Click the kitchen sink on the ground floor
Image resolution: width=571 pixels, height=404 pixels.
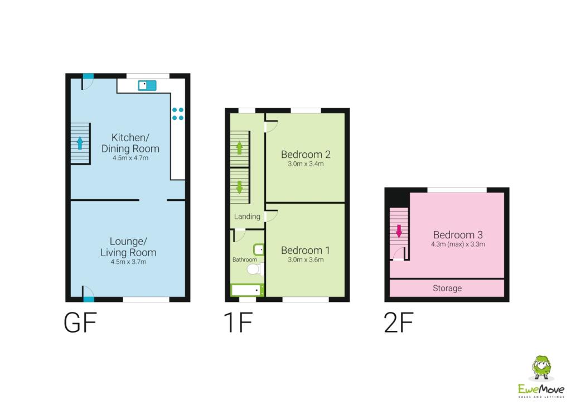coord(147,85)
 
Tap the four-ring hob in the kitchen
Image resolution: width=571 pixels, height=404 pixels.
coord(178,114)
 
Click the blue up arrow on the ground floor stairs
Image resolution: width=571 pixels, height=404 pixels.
coord(80,143)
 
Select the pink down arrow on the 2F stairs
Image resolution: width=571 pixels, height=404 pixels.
coord(399,231)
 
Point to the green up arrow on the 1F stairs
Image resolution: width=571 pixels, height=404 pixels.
coord(239,147)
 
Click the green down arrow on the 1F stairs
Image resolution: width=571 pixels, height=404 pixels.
coord(239,187)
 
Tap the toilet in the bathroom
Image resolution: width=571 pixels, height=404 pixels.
coord(255,270)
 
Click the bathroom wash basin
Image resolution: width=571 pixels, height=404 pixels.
coord(259,249)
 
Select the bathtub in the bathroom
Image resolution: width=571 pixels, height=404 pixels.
coord(247,290)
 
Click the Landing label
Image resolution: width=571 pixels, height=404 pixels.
coord(247,217)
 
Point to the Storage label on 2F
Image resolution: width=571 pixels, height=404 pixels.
coord(447,288)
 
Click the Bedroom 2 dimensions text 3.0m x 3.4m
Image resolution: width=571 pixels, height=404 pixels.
coord(306,164)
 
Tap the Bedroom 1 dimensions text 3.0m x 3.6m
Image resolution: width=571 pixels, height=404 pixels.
coord(306,259)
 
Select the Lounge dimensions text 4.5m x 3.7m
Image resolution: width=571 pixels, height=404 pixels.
coord(129,262)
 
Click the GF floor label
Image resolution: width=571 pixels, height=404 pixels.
coord(80,323)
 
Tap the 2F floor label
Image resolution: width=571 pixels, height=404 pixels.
coord(399,323)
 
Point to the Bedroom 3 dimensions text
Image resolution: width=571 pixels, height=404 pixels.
coord(458,244)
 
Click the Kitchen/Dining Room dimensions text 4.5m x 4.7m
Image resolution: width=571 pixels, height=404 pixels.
coord(130,158)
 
